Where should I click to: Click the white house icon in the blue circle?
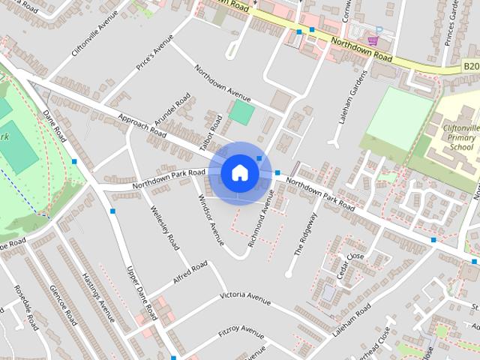pos(239,172)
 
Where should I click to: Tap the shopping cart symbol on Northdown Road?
pos(373,41)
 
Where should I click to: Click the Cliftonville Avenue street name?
pos(96,37)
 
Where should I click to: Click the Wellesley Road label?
pos(164,229)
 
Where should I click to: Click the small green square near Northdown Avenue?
pos(241,112)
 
